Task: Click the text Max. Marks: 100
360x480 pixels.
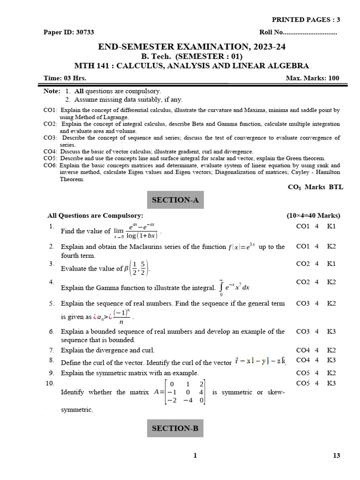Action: click(x=313, y=78)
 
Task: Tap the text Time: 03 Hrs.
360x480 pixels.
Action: click(x=65, y=78)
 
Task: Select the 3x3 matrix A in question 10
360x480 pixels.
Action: click(x=183, y=392)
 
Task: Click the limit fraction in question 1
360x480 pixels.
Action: click(x=142, y=231)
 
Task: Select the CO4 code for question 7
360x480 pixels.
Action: click(x=303, y=350)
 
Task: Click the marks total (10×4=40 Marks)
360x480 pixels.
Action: click(x=313, y=216)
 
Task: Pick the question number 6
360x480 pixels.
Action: click(x=52, y=331)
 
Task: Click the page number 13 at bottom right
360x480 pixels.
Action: click(x=336, y=455)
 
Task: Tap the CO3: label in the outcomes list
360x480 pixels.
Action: click(x=50, y=138)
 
